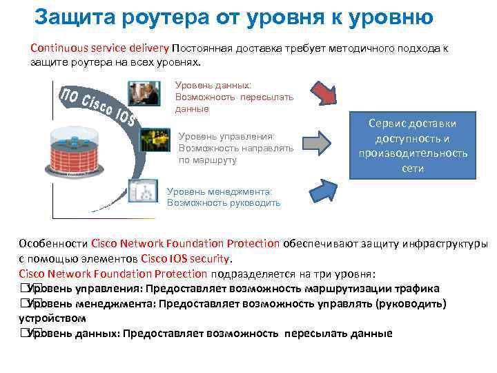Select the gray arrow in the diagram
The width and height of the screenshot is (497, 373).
[318, 142]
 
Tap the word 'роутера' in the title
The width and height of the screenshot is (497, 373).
[164, 16]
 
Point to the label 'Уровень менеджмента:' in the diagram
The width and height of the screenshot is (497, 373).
[220, 191]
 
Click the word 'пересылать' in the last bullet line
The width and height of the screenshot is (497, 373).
[313, 334]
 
